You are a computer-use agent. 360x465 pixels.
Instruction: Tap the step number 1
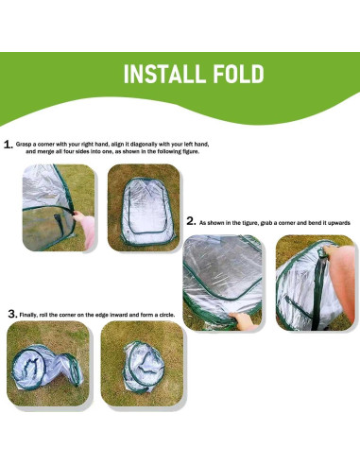point(8,145)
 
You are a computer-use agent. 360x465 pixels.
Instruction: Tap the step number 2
point(191,221)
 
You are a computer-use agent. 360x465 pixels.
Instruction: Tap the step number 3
point(11,312)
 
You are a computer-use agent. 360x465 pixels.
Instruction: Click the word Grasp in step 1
point(31,144)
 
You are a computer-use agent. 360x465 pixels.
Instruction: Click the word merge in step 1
point(53,151)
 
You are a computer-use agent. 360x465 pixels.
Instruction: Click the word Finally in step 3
point(33,312)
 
